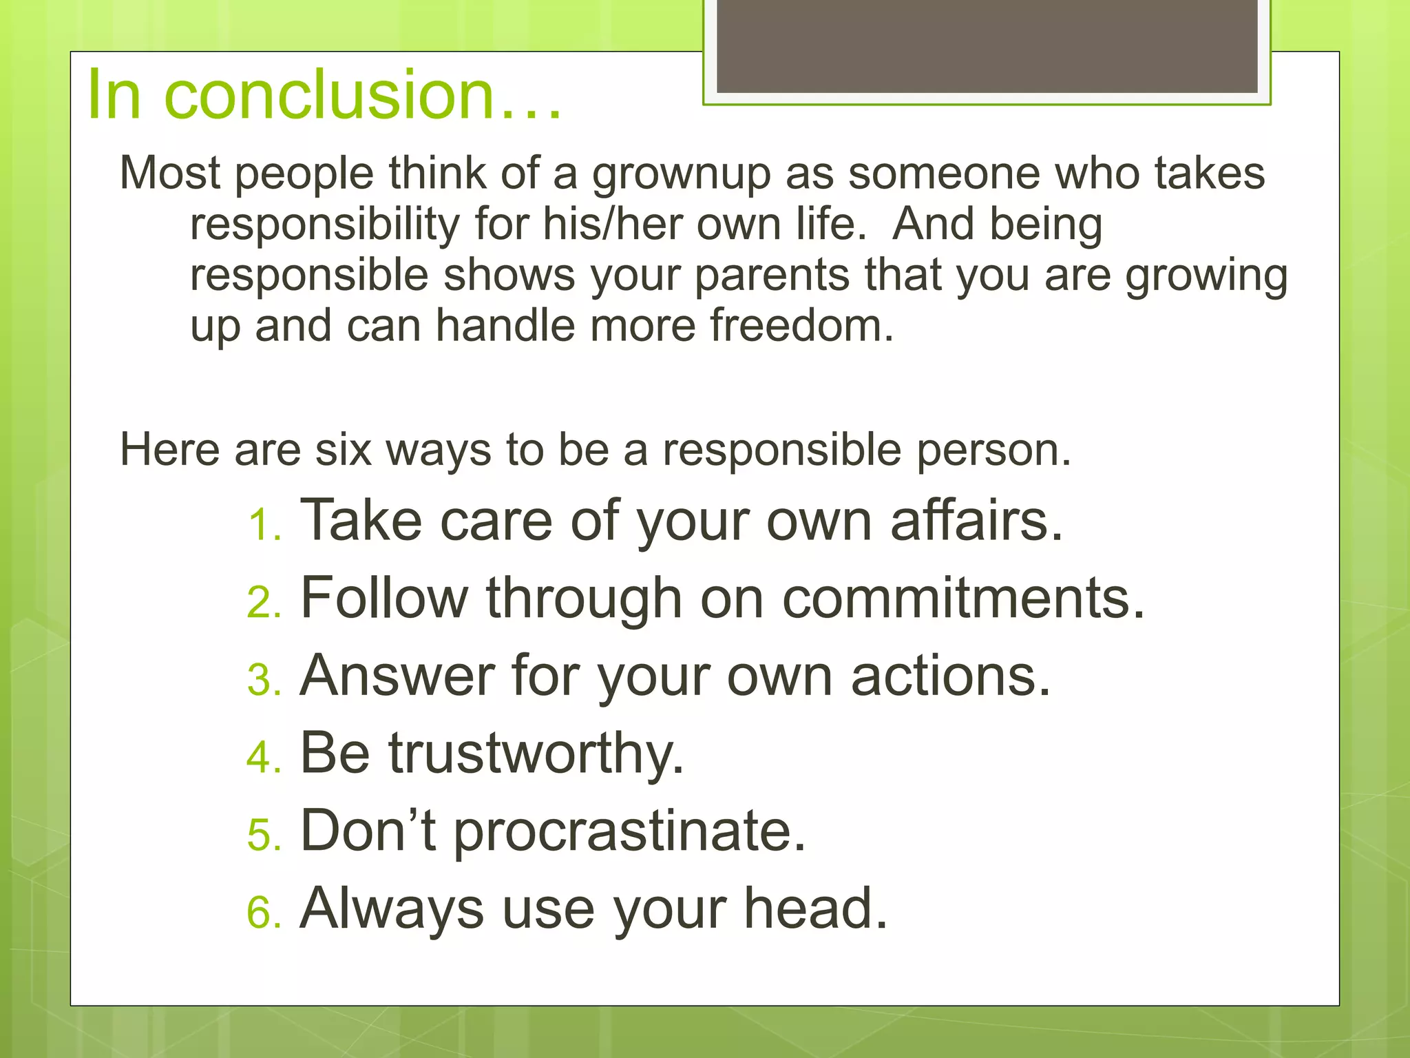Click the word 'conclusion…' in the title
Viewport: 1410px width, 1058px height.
click(x=363, y=95)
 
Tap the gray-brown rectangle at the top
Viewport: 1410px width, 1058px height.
click(x=987, y=46)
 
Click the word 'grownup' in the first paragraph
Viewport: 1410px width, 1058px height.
click(x=682, y=174)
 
